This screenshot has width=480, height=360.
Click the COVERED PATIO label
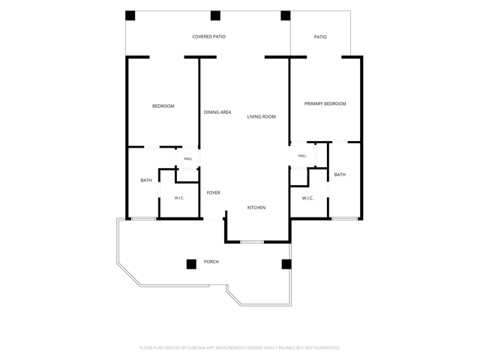pyautogui.click(x=208, y=37)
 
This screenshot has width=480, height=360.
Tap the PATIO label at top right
pyautogui.click(x=320, y=37)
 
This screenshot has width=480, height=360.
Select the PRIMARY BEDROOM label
pyautogui.click(x=325, y=103)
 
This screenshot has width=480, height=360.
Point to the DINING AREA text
pyautogui.click(x=217, y=112)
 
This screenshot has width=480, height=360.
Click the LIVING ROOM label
pyautogui.click(x=262, y=117)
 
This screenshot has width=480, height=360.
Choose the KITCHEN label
pyautogui.click(x=256, y=208)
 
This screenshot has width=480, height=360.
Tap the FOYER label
pyautogui.click(x=213, y=193)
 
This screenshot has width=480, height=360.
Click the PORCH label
pyautogui.click(x=211, y=262)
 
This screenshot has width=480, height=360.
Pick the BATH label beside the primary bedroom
pyautogui.click(x=340, y=175)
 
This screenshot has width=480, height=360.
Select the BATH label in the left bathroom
pyautogui.click(x=146, y=180)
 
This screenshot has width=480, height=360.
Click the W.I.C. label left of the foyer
pyautogui.click(x=179, y=198)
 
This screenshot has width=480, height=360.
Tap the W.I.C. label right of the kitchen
pyautogui.click(x=307, y=198)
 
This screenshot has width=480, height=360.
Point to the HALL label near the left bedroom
pyautogui.click(x=188, y=159)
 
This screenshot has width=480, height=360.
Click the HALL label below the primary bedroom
pyautogui.click(x=302, y=156)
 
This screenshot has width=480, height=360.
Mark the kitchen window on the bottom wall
pyautogui.click(x=252, y=242)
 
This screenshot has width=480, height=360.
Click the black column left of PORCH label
pyautogui.click(x=191, y=264)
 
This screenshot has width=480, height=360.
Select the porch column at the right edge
pyautogui.click(x=286, y=264)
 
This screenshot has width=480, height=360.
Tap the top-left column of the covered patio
pyautogui.click(x=130, y=16)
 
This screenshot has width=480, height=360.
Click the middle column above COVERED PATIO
pyautogui.click(x=215, y=16)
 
